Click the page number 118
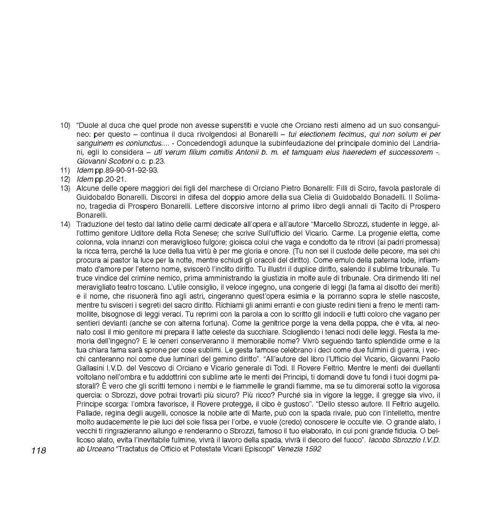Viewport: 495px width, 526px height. pyautogui.click(x=38, y=450)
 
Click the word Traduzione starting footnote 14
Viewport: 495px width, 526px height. pyautogui.click(x=95, y=224)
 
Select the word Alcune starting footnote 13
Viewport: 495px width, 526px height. pyautogui.click(x=87, y=188)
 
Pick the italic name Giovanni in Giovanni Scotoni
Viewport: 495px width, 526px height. pyautogui.click(x=91, y=161)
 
